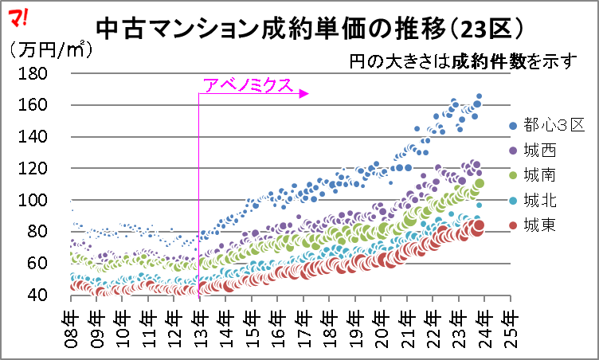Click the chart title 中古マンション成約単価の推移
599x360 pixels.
tap(272, 29)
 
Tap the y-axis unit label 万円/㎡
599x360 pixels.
tap(51, 49)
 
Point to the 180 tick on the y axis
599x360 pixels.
tap(33, 73)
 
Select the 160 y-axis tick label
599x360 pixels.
tap(33, 104)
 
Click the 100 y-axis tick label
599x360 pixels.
tap(33, 200)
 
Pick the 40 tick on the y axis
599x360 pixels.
tap(37, 295)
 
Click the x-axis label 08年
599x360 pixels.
tap(71, 330)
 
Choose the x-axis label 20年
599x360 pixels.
tap(382, 330)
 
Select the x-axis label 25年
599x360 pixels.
tap(511, 330)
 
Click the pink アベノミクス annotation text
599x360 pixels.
tap(248, 85)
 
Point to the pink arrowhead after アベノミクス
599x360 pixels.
tap(303, 94)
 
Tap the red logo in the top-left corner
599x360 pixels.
tap(18, 18)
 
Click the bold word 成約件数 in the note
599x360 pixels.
tap(489, 61)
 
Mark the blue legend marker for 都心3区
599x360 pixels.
tap(513, 125)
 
